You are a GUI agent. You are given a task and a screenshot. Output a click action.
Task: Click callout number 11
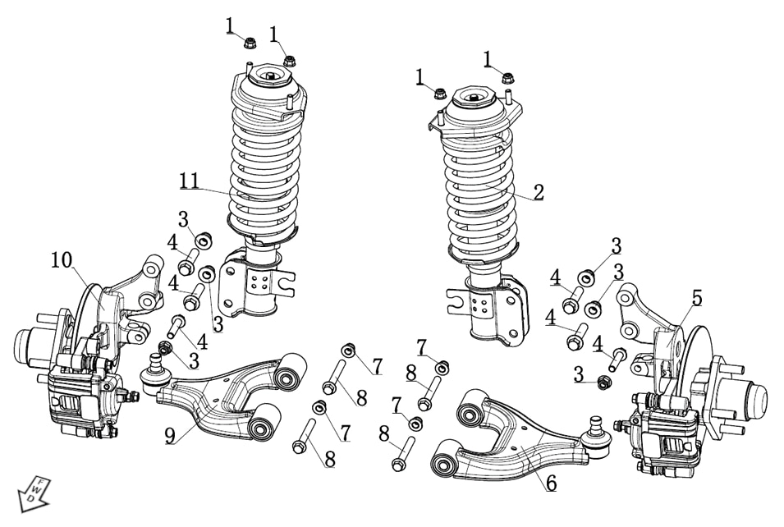coord(190,181)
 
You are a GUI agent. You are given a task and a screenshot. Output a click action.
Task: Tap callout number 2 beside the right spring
coord(538,193)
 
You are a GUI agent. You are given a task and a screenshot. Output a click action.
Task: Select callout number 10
coord(62,261)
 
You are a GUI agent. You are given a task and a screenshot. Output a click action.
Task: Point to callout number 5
coord(696,298)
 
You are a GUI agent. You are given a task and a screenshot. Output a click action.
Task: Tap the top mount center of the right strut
coord(476,98)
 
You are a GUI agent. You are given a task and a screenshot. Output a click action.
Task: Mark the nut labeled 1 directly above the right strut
coord(508,80)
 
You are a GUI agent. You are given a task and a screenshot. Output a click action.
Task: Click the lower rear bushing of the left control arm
coord(264,424)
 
